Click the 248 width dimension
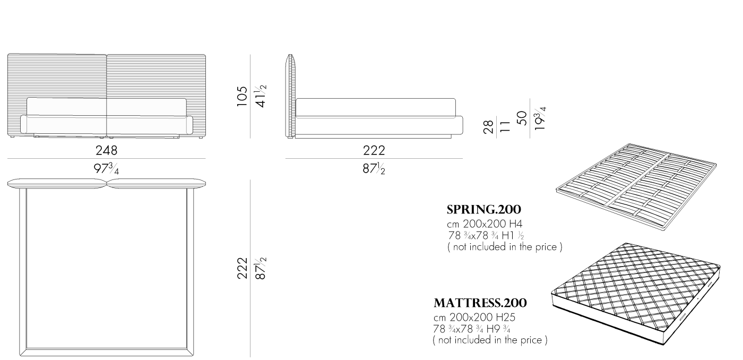click(107, 151)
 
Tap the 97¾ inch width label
click(107, 169)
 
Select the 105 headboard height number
click(243, 96)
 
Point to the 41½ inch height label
click(261, 96)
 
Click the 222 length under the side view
click(374, 151)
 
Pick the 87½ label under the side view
click(374, 169)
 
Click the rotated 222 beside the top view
click(243, 268)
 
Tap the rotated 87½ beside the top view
click(261, 268)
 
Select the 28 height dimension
click(489, 127)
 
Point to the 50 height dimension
click(522, 118)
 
